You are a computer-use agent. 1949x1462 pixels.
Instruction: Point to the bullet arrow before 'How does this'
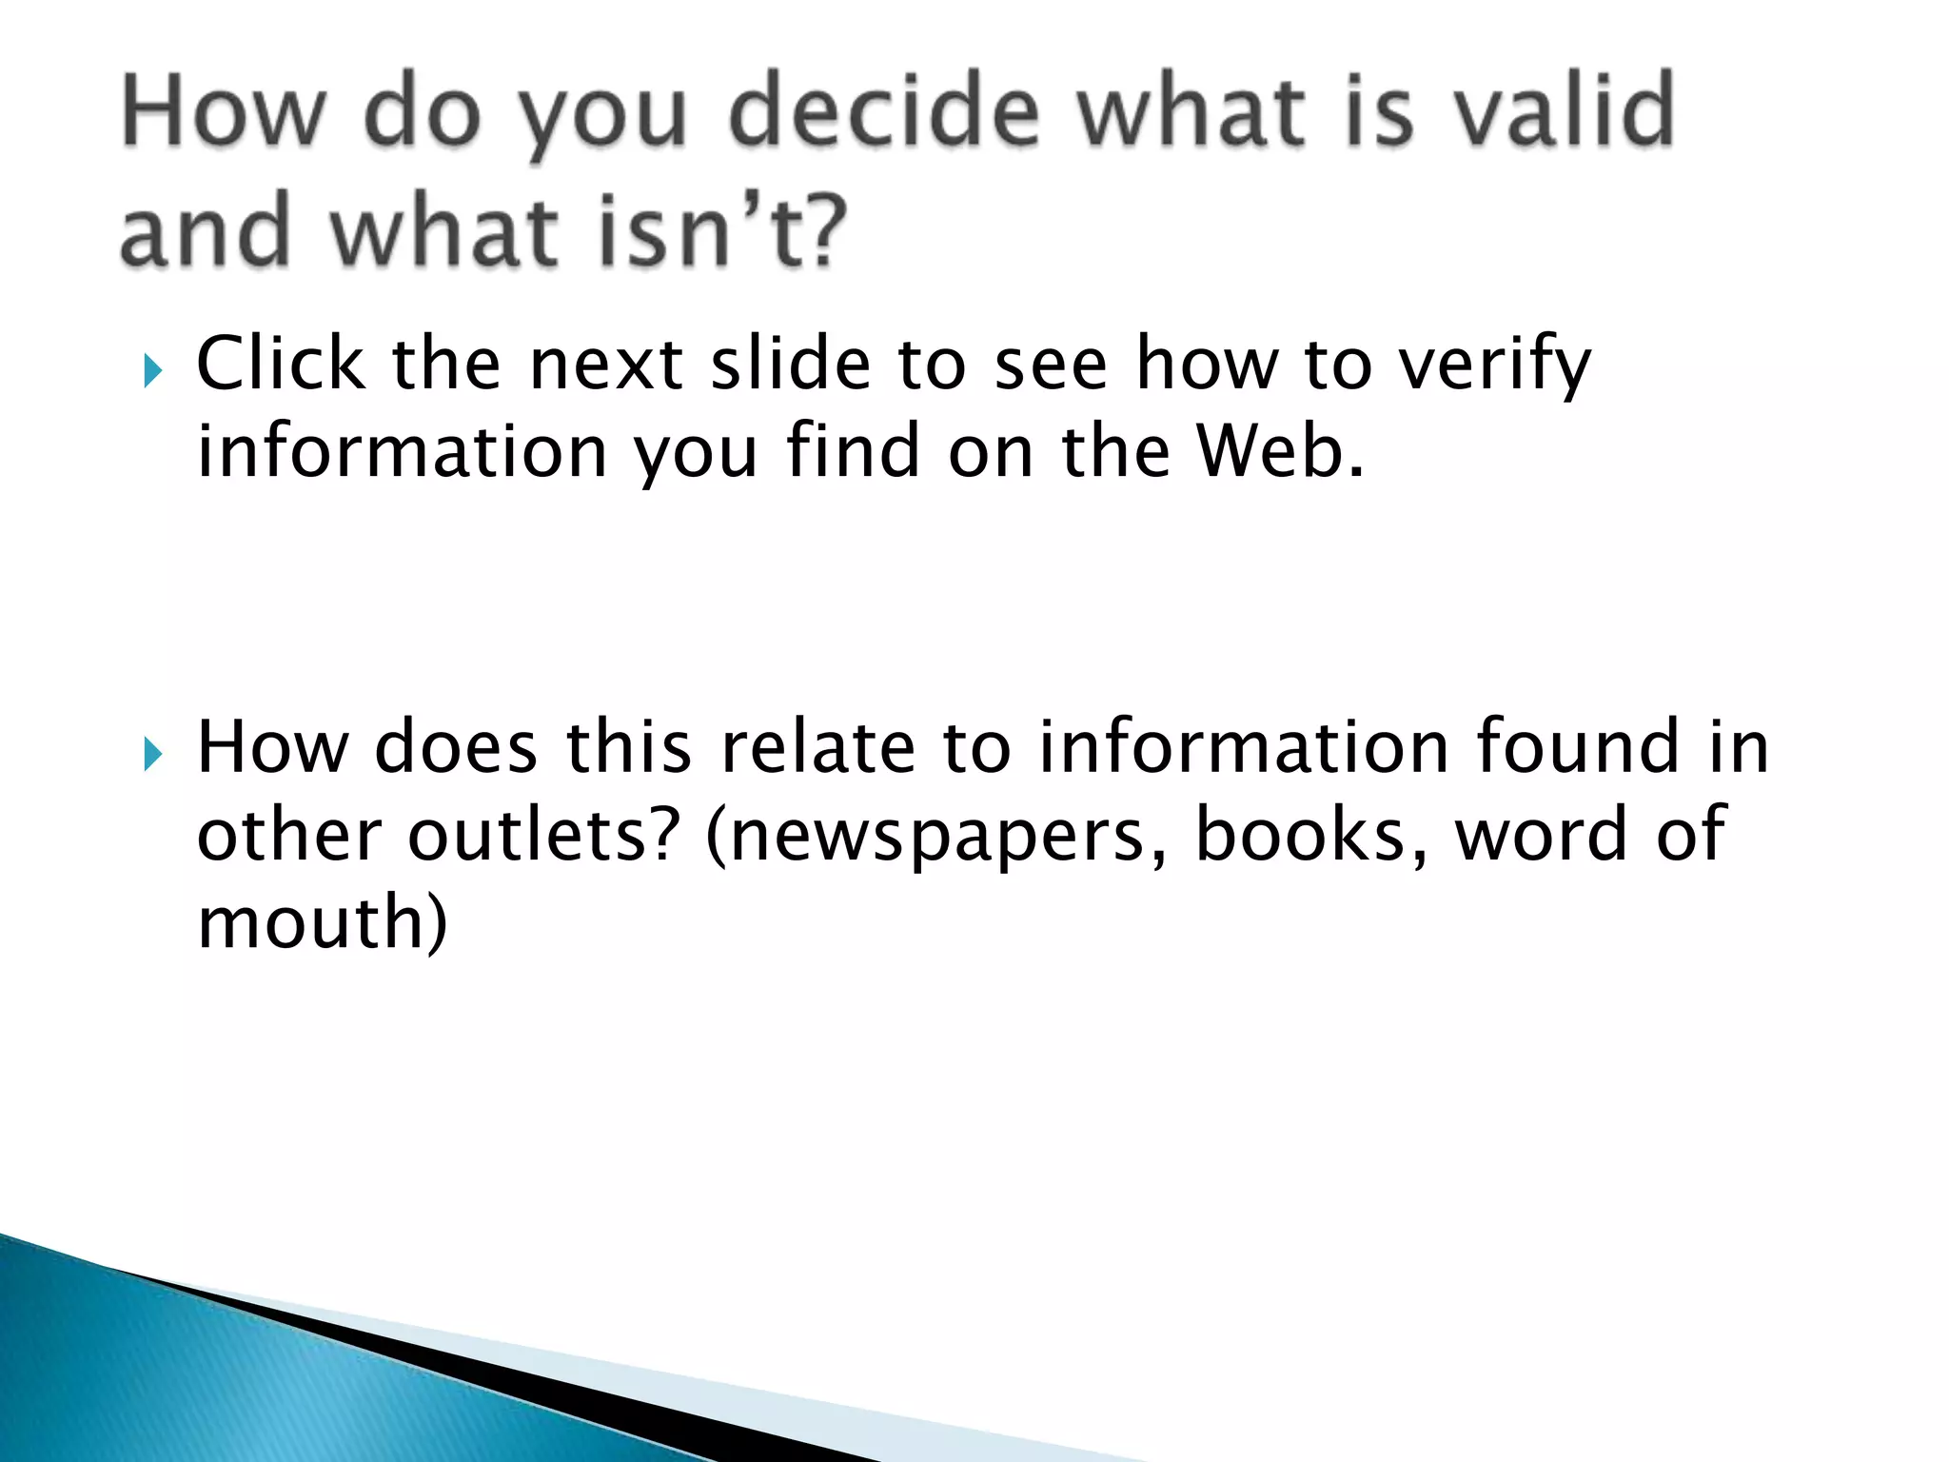(x=152, y=755)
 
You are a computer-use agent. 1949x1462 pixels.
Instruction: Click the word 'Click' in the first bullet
(x=281, y=364)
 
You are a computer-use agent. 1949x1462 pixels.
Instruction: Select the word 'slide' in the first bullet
(x=791, y=364)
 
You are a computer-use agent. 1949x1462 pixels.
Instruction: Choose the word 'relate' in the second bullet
(x=817, y=747)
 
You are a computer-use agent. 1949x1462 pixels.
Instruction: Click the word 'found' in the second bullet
(x=1579, y=747)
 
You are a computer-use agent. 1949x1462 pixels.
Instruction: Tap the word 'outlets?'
(x=543, y=835)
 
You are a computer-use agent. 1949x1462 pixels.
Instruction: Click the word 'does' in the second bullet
(x=456, y=747)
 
